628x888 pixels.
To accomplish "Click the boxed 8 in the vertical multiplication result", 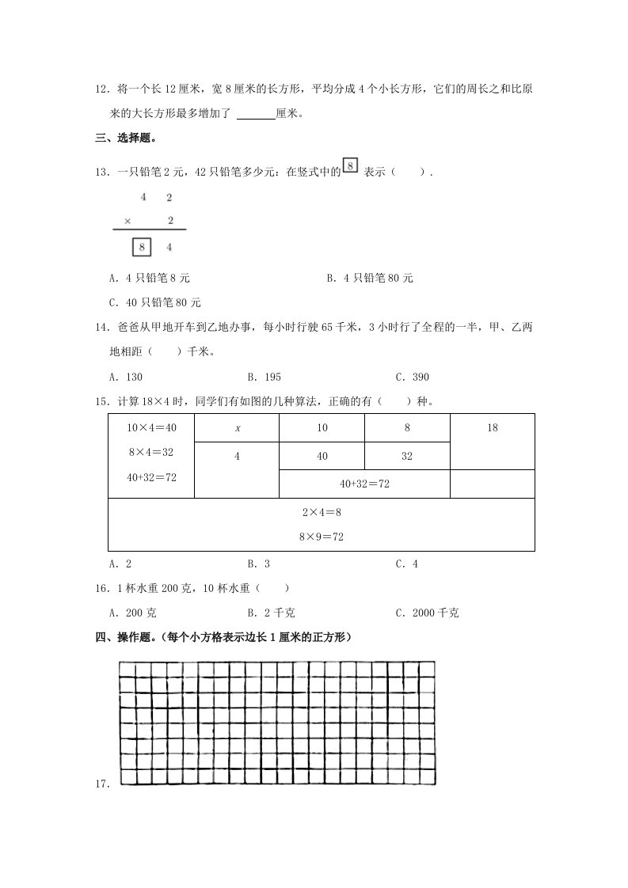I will [142, 247].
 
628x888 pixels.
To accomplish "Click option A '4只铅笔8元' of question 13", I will [150, 279].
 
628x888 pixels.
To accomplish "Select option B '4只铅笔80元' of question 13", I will [370, 279].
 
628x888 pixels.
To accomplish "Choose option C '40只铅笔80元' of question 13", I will [156, 302].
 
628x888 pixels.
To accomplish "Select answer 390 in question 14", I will [413, 377].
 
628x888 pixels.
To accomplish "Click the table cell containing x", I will [237, 427].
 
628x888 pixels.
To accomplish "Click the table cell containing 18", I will [492, 427].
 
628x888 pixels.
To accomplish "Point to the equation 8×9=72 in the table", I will [321, 536].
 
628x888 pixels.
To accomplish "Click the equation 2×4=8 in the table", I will [321, 512].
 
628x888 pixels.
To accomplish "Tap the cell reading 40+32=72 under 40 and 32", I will [364, 483].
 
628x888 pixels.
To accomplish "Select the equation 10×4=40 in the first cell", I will [151, 427].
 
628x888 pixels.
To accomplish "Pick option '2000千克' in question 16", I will [428, 612].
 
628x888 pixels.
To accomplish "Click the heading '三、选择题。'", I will [125, 139].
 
